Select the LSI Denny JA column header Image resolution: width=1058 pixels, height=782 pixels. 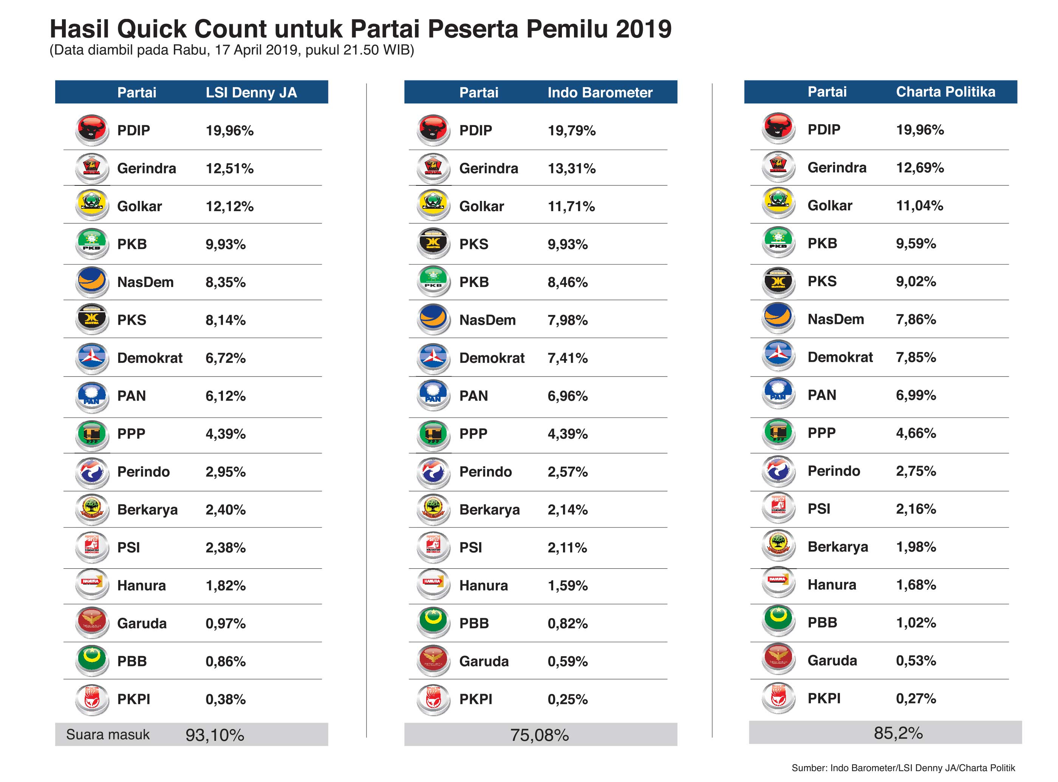(x=251, y=92)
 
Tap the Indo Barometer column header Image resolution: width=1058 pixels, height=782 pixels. (x=600, y=92)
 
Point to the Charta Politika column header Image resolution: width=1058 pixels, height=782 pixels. (x=945, y=92)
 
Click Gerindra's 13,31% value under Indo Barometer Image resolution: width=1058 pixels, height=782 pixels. (x=571, y=168)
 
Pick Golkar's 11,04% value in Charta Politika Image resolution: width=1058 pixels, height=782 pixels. (x=919, y=205)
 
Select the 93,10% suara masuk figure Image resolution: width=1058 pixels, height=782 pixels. (x=215, y=735)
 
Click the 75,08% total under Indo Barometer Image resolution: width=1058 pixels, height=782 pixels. (x=540, y=735)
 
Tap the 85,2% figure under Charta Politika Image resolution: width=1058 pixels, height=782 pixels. (x=898, y=733)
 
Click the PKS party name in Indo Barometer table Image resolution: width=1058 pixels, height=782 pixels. (x=473, y=244)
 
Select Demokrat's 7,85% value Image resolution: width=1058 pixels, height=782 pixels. (x=916, y=357)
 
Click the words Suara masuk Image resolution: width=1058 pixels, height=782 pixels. (x=108, y=735)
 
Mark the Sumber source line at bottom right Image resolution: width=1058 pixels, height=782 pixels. (x=903, y=768)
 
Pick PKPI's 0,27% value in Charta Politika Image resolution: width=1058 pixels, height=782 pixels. (x=916, y=699)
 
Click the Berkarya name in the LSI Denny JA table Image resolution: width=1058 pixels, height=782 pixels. (x=147, y=510)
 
